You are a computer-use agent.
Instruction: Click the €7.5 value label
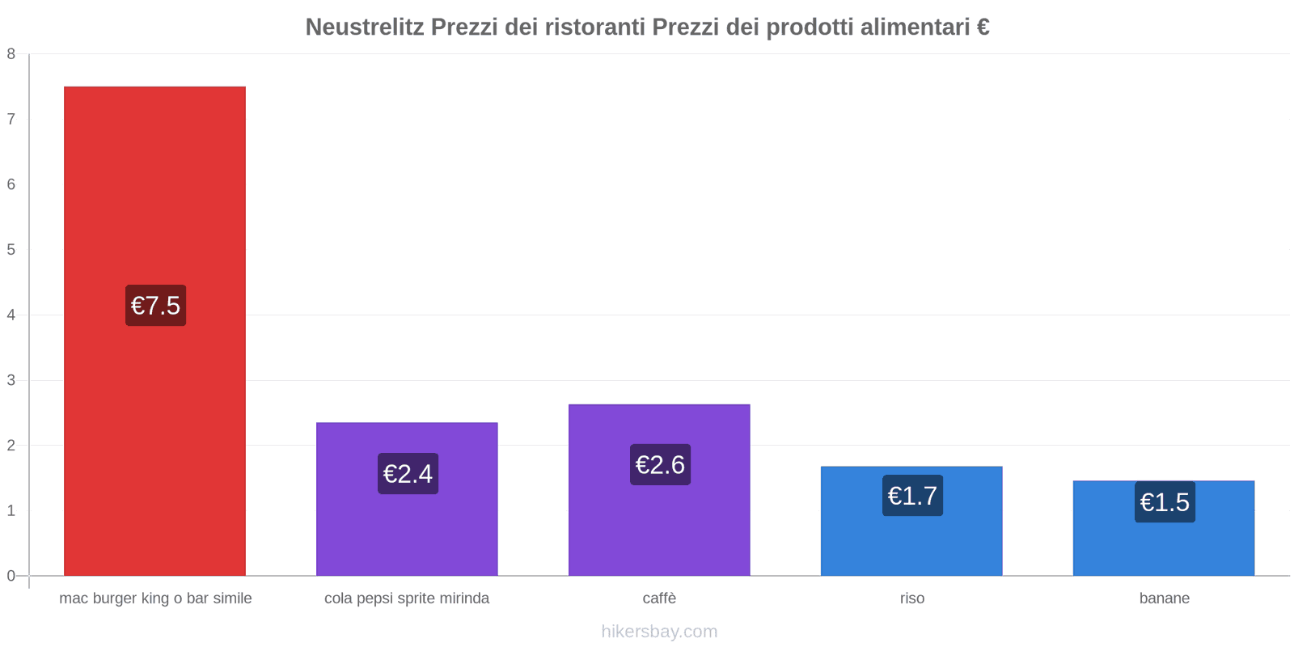155,306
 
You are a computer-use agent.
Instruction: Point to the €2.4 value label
408,474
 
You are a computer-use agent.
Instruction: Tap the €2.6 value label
660,465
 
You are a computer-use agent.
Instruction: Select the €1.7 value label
912,496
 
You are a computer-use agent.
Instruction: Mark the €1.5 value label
1165,502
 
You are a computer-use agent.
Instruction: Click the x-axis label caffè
659,598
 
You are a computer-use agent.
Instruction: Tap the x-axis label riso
911,598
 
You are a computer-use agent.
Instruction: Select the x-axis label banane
1164,598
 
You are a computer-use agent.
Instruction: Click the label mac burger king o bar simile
155,598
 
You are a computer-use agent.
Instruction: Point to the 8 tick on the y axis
11,54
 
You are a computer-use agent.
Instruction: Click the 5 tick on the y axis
11,250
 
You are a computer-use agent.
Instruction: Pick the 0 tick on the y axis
11,576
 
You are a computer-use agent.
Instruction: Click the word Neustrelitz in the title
365,27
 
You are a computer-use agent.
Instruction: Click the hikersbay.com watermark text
659,632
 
